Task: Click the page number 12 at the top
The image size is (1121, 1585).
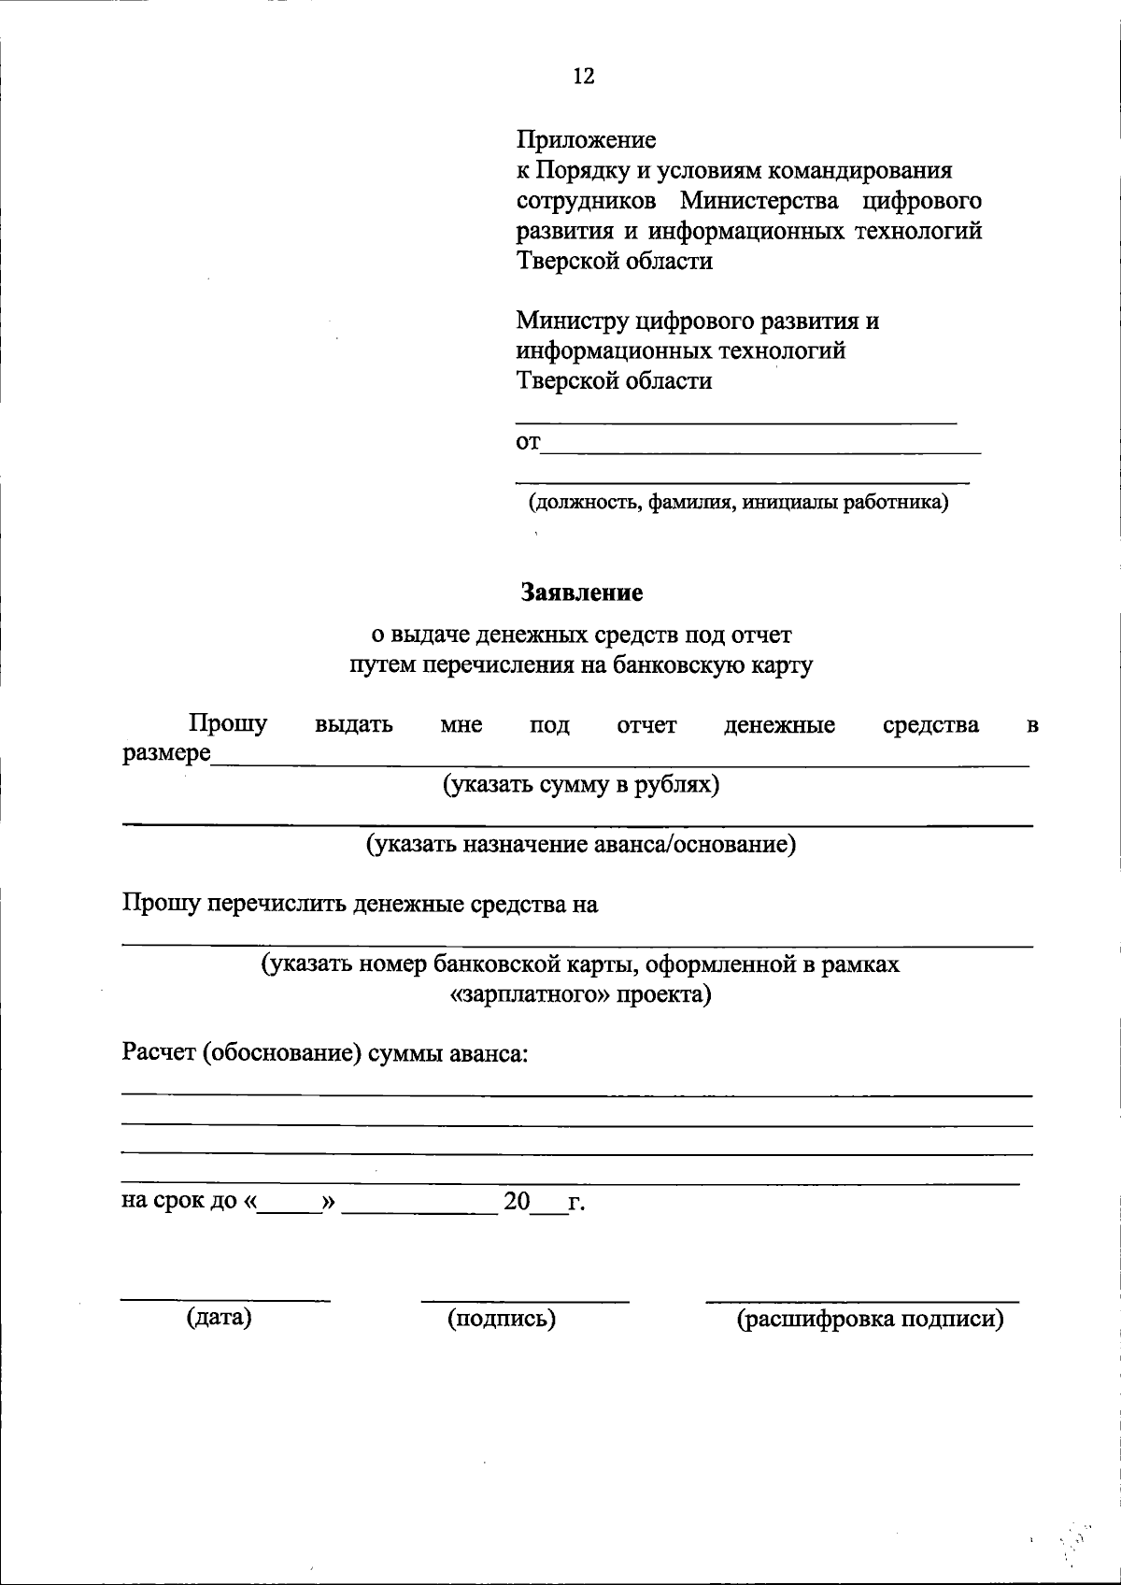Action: [583, 77]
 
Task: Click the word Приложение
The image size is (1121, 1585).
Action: [587, 140]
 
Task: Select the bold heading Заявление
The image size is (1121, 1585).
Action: [581, 593]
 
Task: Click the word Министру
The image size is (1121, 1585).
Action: [573, 321]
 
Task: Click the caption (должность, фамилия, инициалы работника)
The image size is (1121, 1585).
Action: [738, 503]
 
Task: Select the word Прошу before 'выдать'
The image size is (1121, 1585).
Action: [228, 723]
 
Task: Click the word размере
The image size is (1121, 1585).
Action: [166, 753]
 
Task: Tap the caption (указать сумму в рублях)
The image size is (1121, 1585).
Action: [581, 784]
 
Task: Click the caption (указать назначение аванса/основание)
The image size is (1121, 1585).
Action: [580, 845]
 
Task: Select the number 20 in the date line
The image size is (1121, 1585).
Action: [517, 1202]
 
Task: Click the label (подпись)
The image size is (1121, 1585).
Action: [502, 1319]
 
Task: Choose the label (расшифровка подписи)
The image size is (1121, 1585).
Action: [870, 1320]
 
